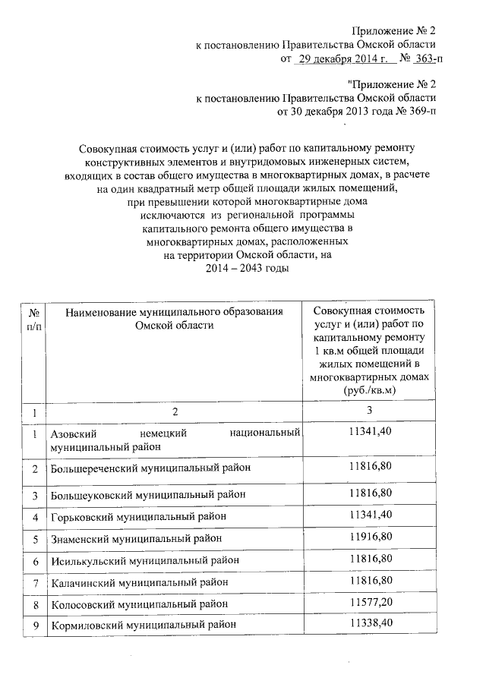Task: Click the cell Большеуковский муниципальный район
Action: point(148,494)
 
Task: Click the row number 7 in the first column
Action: point(35,582)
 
